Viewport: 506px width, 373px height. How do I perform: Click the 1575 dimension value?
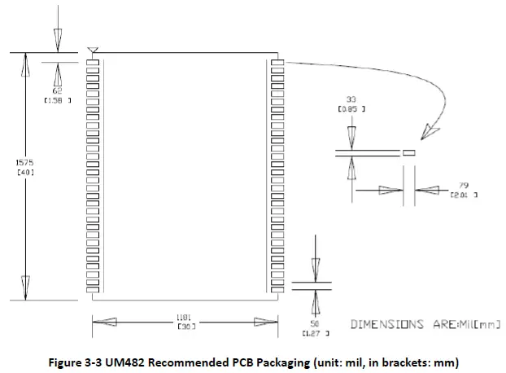(24, 162)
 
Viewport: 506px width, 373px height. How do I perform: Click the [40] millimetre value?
(24, 172)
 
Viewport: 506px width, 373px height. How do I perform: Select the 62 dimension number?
(58, 90)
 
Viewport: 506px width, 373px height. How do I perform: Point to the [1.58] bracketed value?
(58, 99)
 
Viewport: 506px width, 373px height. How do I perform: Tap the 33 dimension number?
(351, 99)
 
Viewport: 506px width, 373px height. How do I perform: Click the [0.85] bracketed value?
(351, 108)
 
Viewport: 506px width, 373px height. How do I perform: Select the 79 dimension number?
(464, 186)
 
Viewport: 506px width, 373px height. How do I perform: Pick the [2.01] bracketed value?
(464, 195)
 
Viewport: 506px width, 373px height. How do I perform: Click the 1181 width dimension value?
(183, 317)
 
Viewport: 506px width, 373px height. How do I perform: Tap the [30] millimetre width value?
(183, 326)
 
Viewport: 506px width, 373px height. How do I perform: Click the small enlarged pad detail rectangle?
(409, 151)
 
